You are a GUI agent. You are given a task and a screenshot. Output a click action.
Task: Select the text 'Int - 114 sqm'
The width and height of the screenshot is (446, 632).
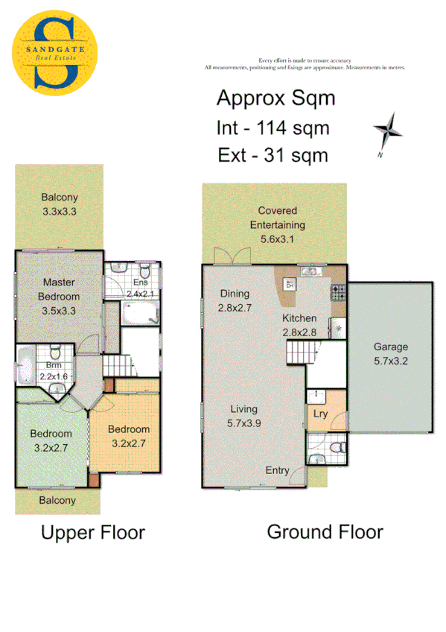(x=273, y=127)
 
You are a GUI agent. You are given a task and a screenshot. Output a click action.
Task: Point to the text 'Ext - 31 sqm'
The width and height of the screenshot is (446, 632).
(x=273, y=155)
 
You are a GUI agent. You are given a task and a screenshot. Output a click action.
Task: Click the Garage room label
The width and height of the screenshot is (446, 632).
(x=391, y=347)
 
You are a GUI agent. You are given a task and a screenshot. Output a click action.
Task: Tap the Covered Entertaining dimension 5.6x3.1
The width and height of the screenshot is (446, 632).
(x=277, y=239)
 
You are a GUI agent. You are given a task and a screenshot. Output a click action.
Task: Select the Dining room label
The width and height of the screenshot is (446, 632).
(x=234, y=294)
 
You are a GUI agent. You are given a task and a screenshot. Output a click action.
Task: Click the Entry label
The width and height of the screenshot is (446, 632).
(x=278, y=470)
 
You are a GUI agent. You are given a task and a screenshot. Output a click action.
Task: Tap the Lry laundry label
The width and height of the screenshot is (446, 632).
(x=321, y=414)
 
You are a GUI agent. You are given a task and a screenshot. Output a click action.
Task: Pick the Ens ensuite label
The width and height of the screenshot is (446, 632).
(x=141, y=282)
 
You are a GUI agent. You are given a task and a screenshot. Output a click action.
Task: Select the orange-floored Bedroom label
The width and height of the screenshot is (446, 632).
(x=128, y=429)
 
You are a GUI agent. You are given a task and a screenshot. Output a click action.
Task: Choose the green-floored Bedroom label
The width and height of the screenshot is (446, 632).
(x=51, y=434)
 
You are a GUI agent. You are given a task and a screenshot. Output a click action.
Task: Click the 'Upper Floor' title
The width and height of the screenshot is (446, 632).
(x=92, y=532)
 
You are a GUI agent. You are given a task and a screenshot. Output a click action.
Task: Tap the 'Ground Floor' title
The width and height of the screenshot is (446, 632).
(x=325, y=531)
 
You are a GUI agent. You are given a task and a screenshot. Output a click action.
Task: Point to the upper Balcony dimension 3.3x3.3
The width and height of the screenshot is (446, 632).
(x=59, y=211)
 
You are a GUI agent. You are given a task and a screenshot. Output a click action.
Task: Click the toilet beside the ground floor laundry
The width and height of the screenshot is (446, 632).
(x=337, y=447)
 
